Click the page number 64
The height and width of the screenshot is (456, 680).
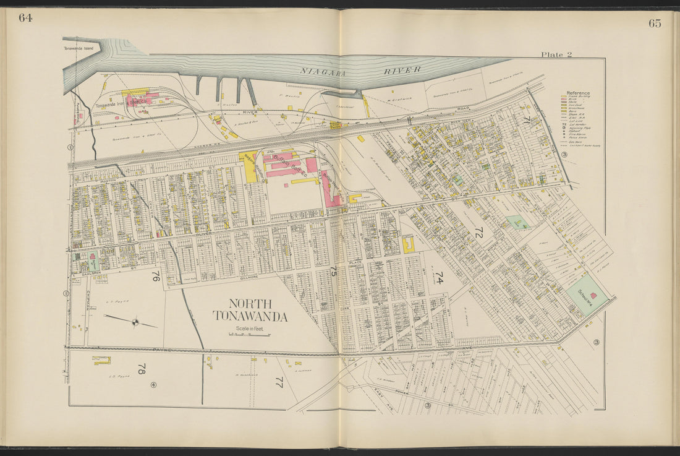click(25, 17)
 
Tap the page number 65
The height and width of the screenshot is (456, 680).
click(655, 24)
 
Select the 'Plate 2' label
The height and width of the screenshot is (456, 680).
click(556, 54)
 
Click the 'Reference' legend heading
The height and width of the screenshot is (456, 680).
click(578, 93)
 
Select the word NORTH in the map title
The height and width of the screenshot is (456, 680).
click(250, 304)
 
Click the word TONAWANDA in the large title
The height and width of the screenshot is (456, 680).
click(250, 317)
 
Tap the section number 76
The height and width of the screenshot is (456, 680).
click(155, 278)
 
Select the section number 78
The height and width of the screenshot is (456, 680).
click(141, 370)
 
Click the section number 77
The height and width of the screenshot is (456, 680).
click(278, 382)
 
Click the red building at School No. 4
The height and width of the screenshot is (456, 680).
click(593, 296)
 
